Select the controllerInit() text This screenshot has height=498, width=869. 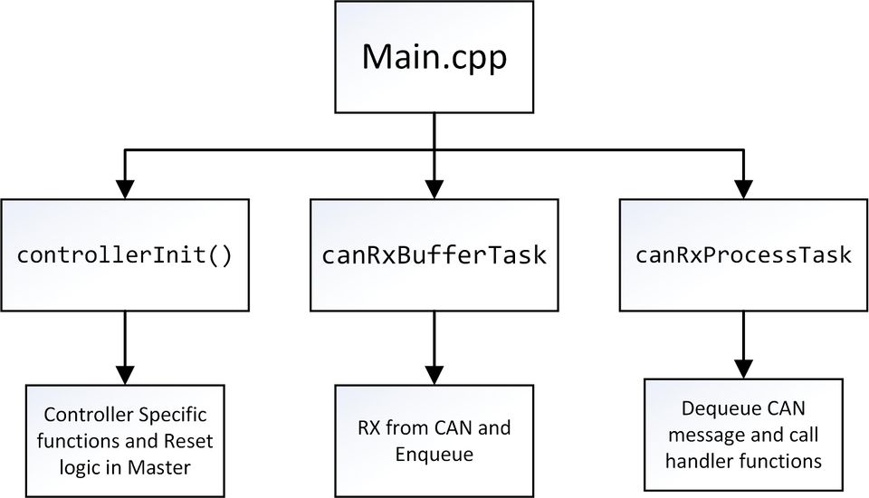[125, 255]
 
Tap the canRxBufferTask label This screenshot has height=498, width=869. [434, 255]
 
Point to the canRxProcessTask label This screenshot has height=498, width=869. [743, 255]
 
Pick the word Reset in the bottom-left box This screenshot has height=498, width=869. [188, 441]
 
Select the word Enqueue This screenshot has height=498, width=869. [434, 455]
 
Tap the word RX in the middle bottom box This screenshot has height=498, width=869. [369, 427]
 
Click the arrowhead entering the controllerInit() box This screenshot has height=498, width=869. [125, 189]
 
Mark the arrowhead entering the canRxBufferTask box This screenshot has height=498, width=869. [434, 189]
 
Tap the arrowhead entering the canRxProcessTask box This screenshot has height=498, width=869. [743, 189]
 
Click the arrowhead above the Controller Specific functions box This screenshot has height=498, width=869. [125, 375]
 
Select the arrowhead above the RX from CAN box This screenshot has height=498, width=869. [434, 375]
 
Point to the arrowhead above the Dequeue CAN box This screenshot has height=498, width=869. [743, 369]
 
